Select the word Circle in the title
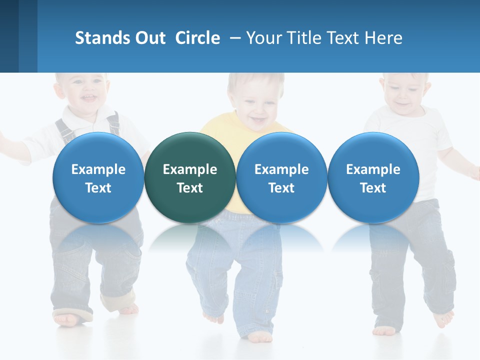197,38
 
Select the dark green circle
189,177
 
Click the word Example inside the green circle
189,169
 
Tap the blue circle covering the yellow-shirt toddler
281,177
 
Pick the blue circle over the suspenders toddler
98,177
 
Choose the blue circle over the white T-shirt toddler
373,177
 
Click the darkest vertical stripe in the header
9,36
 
